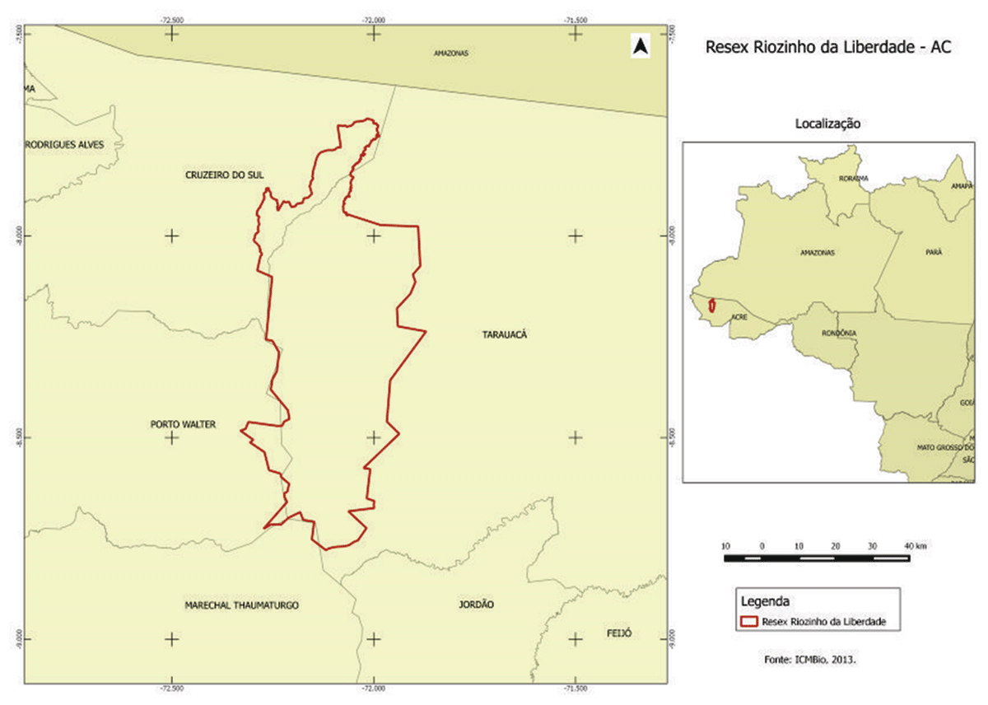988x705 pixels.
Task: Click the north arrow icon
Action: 641,47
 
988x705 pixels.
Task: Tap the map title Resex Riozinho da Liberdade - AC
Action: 828,48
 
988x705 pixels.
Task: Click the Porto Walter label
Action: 183,425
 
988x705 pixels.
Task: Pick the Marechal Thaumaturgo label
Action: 241,605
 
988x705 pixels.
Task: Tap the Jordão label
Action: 476,605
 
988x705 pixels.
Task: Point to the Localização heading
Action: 827,124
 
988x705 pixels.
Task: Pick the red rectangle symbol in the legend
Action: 749,622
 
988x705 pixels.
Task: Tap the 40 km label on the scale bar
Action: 915,546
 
